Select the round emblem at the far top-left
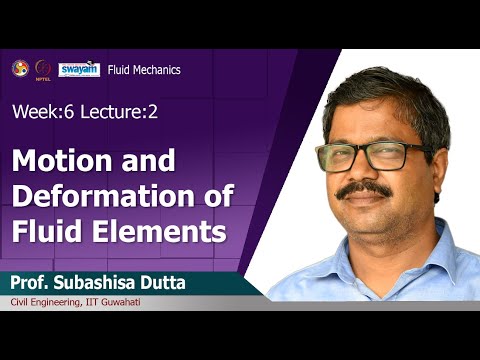coord(18,68)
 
